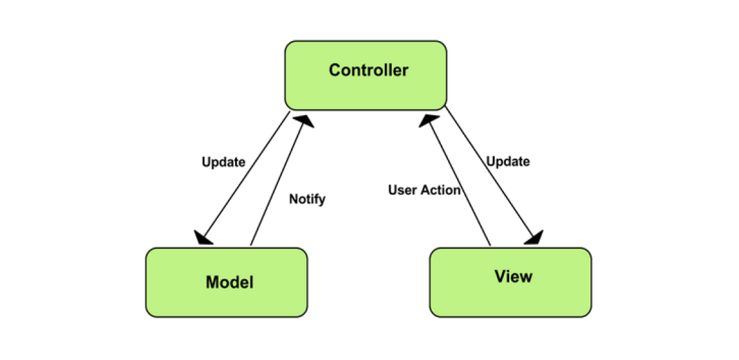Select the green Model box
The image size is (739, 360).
click(226, 282)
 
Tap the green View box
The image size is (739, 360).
click(510, 282)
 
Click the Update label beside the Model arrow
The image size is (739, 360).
click(223, 161)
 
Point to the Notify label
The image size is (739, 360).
click(307, 199)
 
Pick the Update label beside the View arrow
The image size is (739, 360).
click(508, 161)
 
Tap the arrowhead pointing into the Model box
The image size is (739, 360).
click(203, 238)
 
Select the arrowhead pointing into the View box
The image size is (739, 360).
click(535, 238)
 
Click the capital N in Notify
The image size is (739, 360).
click(293, 199)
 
